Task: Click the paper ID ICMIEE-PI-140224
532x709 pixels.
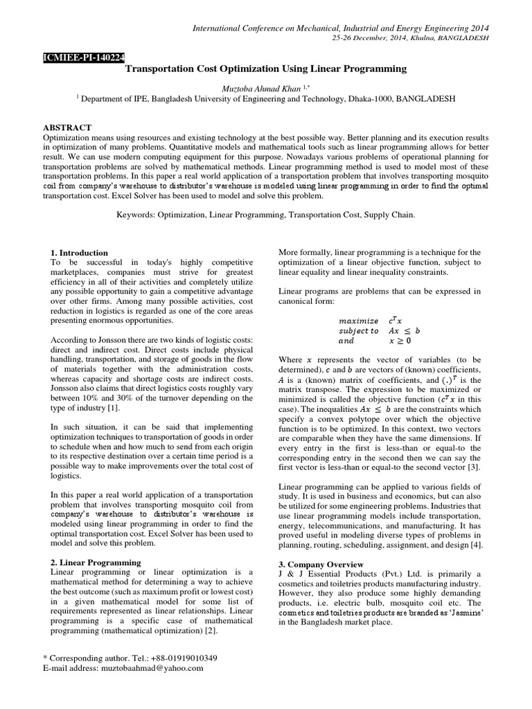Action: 83,57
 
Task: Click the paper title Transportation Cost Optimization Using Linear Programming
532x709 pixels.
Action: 266,69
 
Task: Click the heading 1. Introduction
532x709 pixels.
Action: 80,253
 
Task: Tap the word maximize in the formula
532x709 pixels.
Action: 358,321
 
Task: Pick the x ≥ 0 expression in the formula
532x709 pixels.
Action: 400,341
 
